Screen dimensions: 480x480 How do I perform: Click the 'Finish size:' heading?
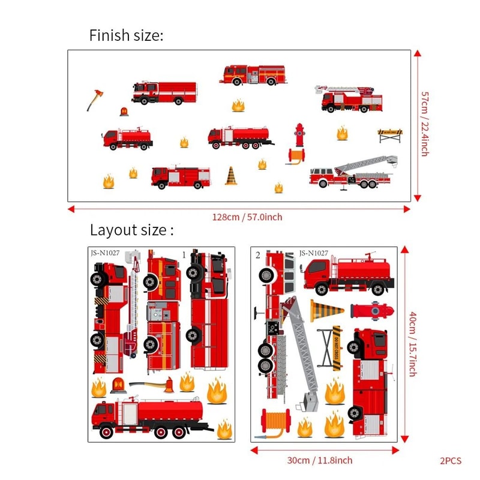point(126,35)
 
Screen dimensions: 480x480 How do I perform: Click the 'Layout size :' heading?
point(132,230)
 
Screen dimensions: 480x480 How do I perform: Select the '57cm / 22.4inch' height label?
point(425,124)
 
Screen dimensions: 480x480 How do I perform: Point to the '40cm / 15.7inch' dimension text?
point(412,343)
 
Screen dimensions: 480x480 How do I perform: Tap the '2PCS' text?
point(450,461)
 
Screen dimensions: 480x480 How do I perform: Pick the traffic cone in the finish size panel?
point(231,175)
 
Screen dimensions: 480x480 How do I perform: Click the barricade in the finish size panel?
point(388,134)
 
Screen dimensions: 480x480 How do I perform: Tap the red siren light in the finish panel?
point(124,112)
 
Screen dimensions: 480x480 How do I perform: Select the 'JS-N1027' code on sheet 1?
point(106,253)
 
